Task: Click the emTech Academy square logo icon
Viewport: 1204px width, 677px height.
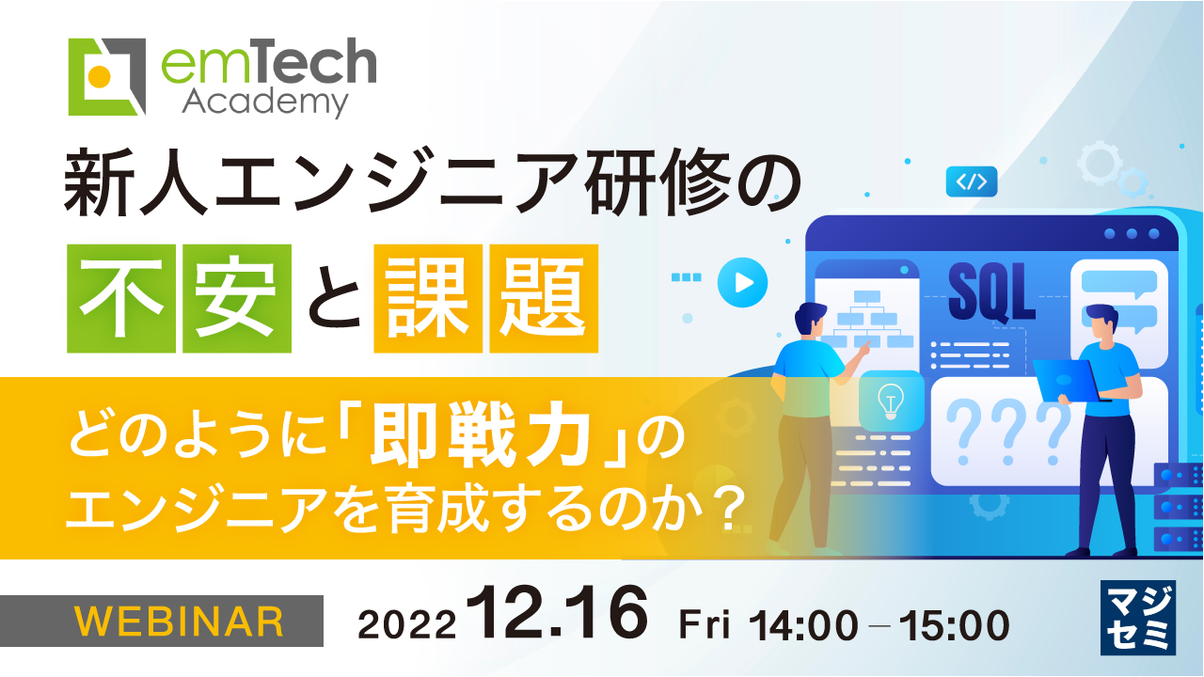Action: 107,76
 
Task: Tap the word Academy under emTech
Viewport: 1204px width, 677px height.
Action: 265,102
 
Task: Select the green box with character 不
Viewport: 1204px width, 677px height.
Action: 122,298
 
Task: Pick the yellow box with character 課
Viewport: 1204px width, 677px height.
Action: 428,298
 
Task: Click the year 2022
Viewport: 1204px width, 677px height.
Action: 409,623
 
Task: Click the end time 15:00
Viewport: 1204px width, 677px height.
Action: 954,623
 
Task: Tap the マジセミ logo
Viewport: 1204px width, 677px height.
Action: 1137,618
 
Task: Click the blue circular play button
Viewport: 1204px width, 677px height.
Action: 742,281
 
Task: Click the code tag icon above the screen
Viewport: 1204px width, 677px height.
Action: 972,181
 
